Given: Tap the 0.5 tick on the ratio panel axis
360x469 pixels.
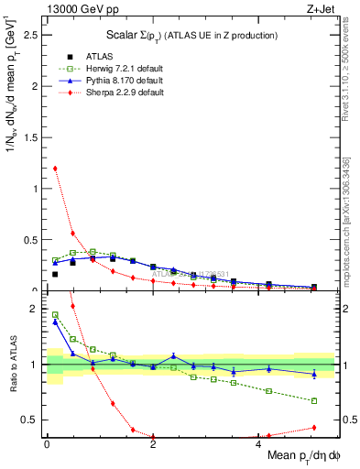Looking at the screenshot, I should (33, 420).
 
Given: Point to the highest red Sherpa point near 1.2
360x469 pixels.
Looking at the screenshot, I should (55, 169).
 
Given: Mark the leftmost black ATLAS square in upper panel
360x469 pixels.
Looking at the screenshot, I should (55, 274).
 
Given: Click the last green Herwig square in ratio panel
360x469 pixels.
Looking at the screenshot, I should (314, 400).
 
